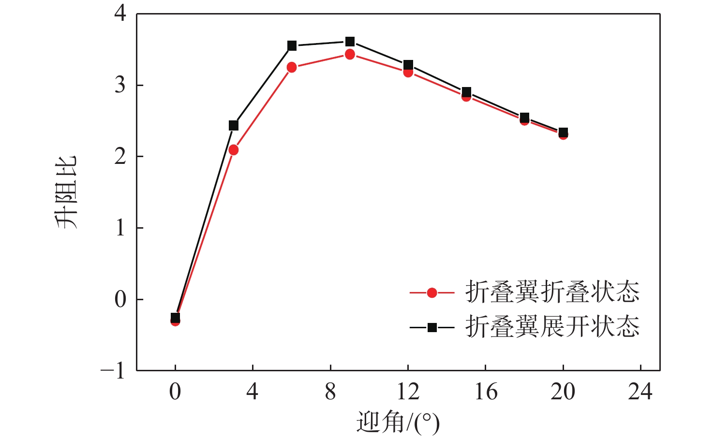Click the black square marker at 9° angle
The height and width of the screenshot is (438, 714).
click(x=350, y=42)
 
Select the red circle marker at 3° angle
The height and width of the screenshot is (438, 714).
click(x=233, y=150)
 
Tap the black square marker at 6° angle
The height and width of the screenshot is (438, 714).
click(x=292, y=46)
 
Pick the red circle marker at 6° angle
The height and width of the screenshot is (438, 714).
click(x=292, y=67)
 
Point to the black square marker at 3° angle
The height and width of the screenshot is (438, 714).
click(x=233, y=126)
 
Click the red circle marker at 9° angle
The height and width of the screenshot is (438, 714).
click(x=350, y=54)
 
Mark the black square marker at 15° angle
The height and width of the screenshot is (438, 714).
click(x=466, y=92)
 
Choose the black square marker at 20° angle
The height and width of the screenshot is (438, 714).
click(x=563, y=132)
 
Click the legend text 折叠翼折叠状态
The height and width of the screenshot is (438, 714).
click(x=552, y=292)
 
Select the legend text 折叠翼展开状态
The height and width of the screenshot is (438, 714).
click(x=552, y=327)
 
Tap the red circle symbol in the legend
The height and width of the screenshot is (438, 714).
click(x=432, y=292)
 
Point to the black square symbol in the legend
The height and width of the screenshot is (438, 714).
click(x=432, y=328)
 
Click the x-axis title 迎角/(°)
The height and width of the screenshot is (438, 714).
click(x=398, y=423)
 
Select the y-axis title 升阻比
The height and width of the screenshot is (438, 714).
click(x=65, y=192)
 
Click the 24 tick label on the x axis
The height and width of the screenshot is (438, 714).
click(x=640, y=392)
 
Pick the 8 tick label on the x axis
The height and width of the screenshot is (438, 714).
click(x=330, y=392)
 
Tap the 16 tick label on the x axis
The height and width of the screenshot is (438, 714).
click(x=486, y=392)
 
